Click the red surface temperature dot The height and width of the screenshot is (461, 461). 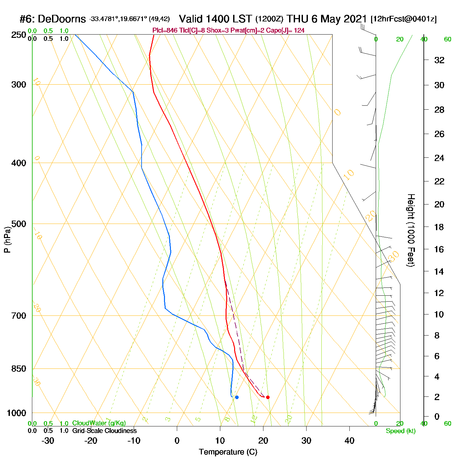pos(268,397)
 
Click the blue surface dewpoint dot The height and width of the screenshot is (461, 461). pos(237,397)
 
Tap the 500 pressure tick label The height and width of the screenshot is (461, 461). pos(19,224)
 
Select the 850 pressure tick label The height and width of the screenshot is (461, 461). pos(19,369)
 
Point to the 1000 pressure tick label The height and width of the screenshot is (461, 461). pos(16,413)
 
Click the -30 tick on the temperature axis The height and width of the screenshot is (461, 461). pos(48,441)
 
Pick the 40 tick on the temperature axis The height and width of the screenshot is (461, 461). pos(349,441)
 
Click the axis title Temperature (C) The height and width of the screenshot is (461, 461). pos(228,452)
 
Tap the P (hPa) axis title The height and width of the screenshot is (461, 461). pos(7,240)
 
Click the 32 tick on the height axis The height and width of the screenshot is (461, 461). pos(439,60)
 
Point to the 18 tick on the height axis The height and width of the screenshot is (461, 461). pos(439,227)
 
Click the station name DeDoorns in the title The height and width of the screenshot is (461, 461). pos(62,19)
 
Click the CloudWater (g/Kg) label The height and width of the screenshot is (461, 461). pos(99,423)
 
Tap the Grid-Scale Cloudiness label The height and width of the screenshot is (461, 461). pos(104,431)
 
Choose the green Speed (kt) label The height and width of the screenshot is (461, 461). pos(400,431)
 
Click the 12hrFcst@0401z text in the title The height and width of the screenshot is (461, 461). pos(404,19)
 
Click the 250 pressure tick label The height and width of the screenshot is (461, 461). pos(19,35)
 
